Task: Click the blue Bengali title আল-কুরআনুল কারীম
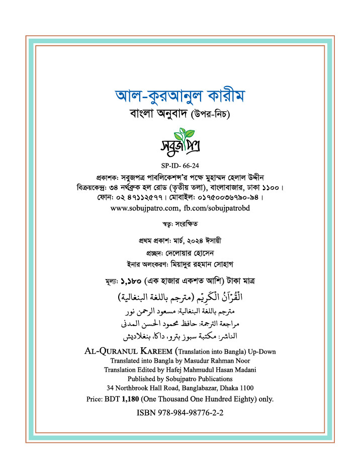[x=179, y=96]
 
